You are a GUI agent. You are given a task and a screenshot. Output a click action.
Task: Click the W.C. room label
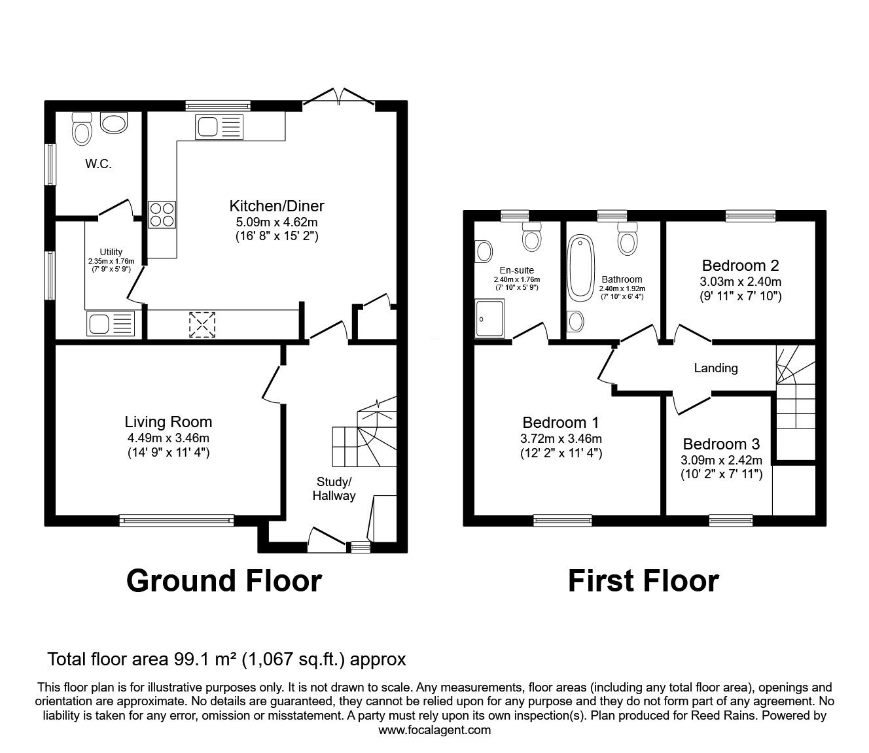coord(98,164)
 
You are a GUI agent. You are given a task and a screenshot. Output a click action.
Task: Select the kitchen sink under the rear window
coord(219,126)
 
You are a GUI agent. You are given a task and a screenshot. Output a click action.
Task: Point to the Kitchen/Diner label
coord(276,206)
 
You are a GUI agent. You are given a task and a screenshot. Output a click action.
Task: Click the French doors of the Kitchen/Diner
coord(339,97)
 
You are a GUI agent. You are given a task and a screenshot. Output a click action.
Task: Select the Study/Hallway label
coord(333,489)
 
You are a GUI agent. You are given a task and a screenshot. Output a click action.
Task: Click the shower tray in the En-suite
coord(490,318)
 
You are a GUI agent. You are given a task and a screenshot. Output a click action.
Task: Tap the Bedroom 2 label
coord(740,266)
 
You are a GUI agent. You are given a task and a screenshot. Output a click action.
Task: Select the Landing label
coord(715,368)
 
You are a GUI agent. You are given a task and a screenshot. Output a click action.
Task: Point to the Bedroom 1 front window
coord(562,520)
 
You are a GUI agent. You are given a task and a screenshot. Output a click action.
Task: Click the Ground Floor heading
coord(224,580)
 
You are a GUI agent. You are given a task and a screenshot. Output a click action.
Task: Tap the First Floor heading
coord(643,580)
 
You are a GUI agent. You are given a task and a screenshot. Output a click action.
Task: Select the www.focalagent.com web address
coord(434,730)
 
